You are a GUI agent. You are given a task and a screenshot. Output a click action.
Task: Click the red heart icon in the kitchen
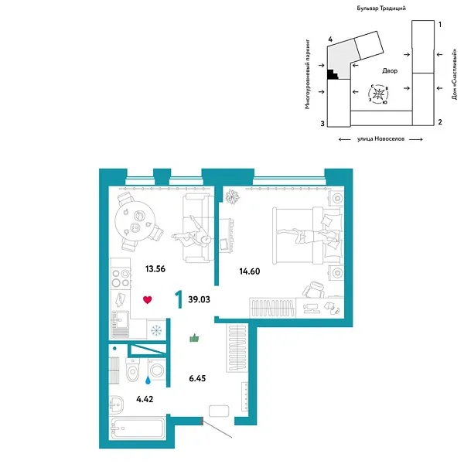pyautogui.click(x=148, y=300)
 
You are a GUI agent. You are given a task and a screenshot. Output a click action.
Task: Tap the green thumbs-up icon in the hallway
pyautogui.click(x=194, y=338)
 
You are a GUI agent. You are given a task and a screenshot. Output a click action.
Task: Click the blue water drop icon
pyautogui.click(x=148, y=380)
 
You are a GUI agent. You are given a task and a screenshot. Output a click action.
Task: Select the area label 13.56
pyautogui.click(x=155, y=269)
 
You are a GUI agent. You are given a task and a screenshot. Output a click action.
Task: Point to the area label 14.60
pyautogui.click(x=250, y=271)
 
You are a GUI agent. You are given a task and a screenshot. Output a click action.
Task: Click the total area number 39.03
pyautogui.click(x=200, y=299)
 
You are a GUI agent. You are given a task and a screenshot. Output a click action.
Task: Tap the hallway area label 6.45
pyautogui.click(x=197, y=378)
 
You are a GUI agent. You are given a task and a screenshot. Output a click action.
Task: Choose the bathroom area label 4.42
pyautogui.click(x=145, y=399)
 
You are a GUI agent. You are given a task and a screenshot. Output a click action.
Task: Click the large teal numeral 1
pyautogui.click(x=179, y=299)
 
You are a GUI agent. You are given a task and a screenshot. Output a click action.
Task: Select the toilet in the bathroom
pyautogui.click(x=132, y=370)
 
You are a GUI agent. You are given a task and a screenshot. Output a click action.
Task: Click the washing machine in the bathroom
pyautogui.click(x=156, y=370)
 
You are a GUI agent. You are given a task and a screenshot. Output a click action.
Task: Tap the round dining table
pyautogui.click(x=135, y=221)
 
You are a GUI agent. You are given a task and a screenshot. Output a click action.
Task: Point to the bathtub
pyautogui.click(x=137, y=428)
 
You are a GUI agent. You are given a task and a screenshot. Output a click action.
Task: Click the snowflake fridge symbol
pyautogui.click(x=156, y=330)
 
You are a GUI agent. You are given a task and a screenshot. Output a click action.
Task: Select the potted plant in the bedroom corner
pyautogui.click(x=232, y=196)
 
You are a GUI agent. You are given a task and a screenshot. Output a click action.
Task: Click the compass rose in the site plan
pyautogui.click(x=378, y=94)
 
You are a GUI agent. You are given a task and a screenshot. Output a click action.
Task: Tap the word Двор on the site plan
pyautogui.click(x=390, y=70)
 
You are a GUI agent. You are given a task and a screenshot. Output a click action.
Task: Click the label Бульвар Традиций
pyautogui.click(x=381, y=9)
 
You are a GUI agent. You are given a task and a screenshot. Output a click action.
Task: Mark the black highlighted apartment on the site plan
pyautogui.click(x=332, y=74)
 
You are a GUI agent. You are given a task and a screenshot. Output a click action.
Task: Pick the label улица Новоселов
pyautogui.click(x=380, y=138)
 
